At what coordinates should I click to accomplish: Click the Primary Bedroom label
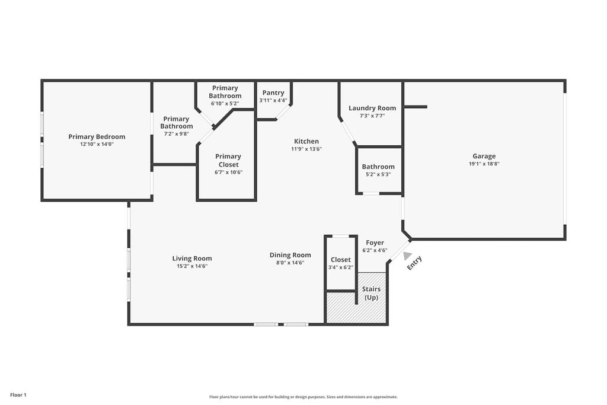97,136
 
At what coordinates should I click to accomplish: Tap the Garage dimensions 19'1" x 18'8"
484,164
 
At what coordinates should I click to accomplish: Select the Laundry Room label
372,108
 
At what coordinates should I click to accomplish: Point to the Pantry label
273,93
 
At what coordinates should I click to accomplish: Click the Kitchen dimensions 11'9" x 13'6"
306,149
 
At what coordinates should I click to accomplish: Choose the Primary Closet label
228,160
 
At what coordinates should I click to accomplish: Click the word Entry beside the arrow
415,263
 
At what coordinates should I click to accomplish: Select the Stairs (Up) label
371,293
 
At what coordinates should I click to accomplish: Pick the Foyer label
375,243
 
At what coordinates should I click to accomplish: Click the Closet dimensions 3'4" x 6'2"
340,267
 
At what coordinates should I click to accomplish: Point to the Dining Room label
290,255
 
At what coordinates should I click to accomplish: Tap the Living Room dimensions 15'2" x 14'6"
191,266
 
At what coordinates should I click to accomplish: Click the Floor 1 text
18,395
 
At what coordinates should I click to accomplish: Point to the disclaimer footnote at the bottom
303,397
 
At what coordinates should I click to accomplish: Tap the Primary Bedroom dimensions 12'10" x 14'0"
97,144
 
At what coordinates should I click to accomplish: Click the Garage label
484,157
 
